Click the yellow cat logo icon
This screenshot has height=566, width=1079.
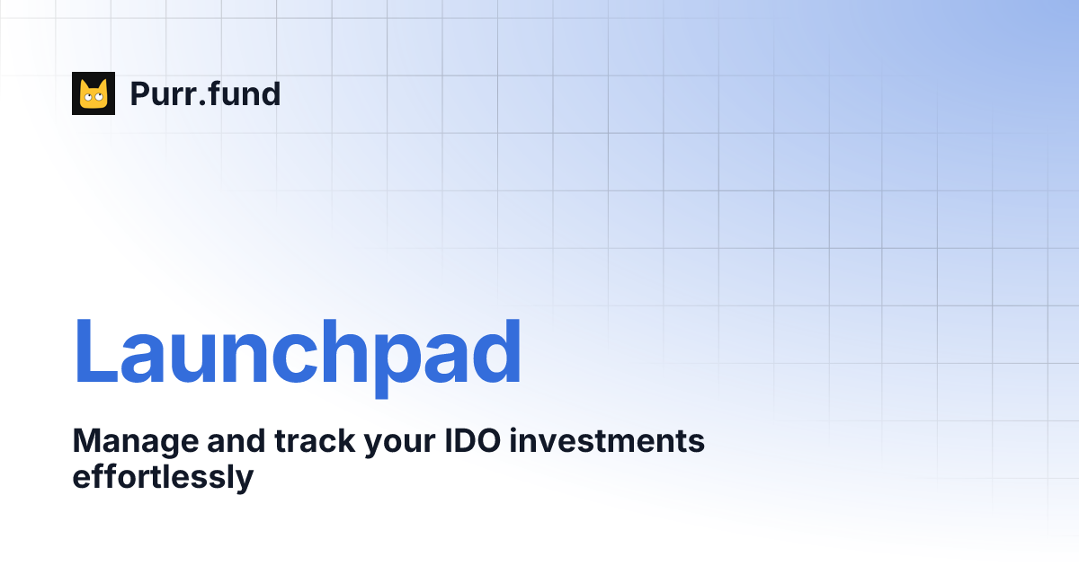click(x=94, y=93)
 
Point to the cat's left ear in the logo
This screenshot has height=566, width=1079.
click(x=84, y=84)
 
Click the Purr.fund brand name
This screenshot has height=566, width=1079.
click(x=205, y=93)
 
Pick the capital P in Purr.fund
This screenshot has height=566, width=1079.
click(x=140, y=93)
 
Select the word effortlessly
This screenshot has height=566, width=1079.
click(x=163, y=477)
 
